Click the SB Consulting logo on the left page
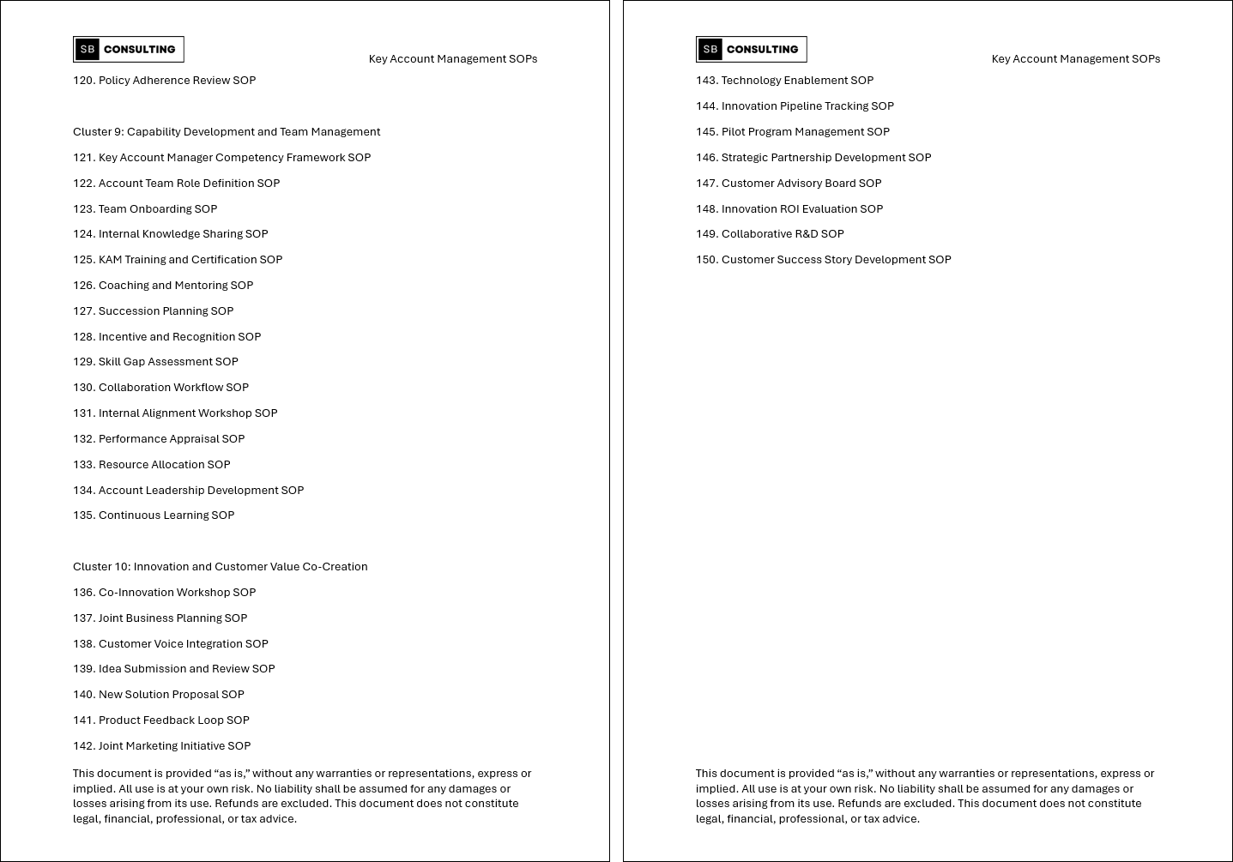129,50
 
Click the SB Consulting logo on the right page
752,50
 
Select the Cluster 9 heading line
227,132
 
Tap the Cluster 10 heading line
220,567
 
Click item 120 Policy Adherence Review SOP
164,81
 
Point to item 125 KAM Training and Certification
178,260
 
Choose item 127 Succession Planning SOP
153,311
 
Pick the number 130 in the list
83,388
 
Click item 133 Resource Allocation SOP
152,465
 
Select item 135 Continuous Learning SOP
154,515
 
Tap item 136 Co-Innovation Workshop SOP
164,593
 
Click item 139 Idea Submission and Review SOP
174,669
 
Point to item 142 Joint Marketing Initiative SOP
161,746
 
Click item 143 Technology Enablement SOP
784,81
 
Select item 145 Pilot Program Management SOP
793,132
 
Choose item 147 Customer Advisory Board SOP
789,184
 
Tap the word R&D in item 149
806,234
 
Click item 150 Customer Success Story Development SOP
824,260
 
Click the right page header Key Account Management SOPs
1076,59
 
